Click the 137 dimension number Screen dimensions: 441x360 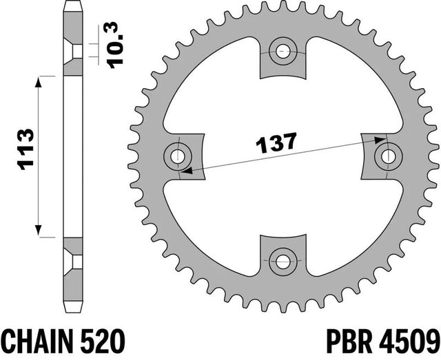(276, 143)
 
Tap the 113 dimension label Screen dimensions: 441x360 (25, 149)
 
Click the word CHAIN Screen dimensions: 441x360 (37, 341)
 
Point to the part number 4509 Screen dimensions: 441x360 (409, 341)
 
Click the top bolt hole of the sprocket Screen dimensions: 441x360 (283, 52)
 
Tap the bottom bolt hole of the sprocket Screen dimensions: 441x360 (283, 262)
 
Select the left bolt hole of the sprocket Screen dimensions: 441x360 (178, 156)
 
